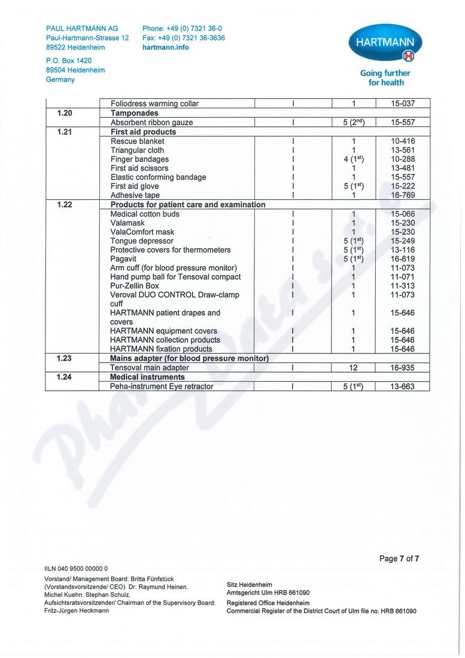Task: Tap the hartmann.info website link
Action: (165, 47)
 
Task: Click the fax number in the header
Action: (184, 38)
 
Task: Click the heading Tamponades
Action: (135, 113)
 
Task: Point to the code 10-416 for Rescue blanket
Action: (403, 141)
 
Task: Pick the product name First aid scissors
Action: (139, 168)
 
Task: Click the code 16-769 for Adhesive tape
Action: (403, 195)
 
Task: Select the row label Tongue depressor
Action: (142, 241)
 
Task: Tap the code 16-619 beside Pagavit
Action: (403, 259)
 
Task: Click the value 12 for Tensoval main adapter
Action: (354, 368)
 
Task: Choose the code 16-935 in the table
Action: (403, 368)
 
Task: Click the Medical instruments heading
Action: (148, 377)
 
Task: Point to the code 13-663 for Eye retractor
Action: (403, 386)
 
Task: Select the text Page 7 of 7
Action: (399, 559)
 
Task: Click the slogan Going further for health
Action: (385, 78)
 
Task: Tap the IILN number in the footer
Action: (76, 568)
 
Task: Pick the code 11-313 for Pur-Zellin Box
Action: (403, 286)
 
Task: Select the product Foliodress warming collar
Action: (154, 103)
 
